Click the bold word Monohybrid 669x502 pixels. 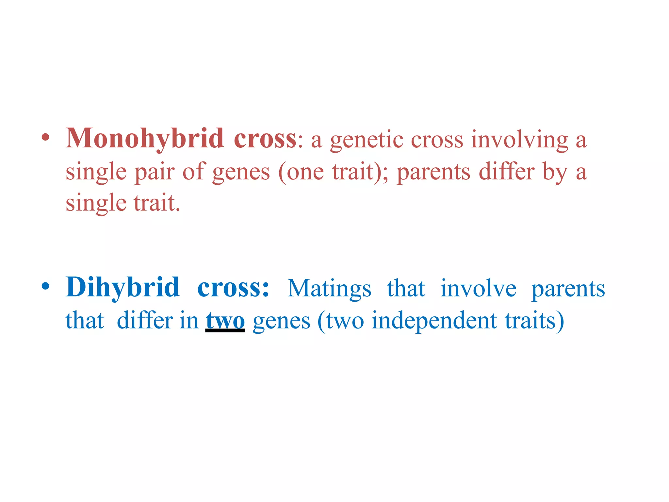coord(145,139)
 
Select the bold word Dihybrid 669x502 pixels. coord(122,287)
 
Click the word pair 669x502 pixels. coord(154,172)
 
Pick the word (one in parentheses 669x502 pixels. coord(301,172)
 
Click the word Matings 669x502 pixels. coord(329,289)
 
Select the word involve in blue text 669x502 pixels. coord(478,289)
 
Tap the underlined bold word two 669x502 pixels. coord(225,321)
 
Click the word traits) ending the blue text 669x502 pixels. coord(534,321)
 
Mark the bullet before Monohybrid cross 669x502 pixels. coord(46,137)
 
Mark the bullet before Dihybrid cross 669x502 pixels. coord(46,286)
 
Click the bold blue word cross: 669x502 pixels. coord(233,288)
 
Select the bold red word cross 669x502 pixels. coord(265,139)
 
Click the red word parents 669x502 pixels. coord(433,173)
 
